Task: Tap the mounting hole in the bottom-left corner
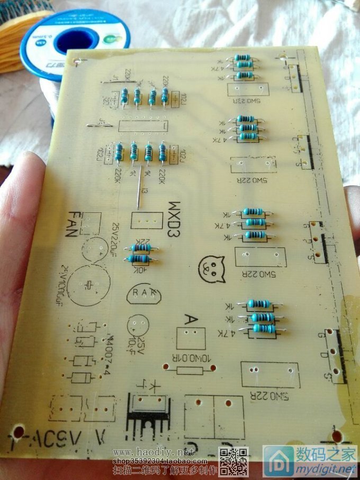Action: click(19, 432)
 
